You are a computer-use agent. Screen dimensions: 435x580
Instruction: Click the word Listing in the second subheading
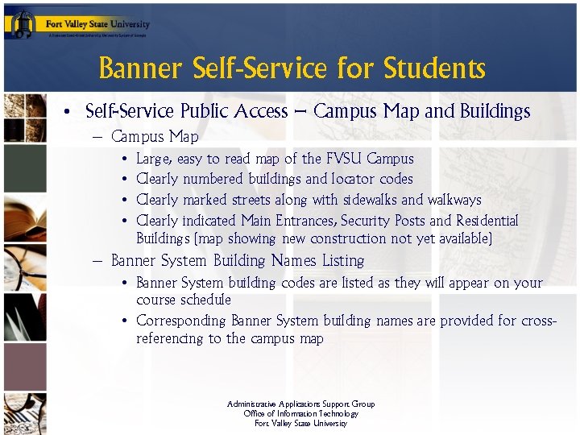tap(342, 261)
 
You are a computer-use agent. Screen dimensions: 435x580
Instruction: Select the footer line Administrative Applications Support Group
tap(301, 404)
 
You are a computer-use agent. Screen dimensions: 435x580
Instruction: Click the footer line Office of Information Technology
tap(301, 414)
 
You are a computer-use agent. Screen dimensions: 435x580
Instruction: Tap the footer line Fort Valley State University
tap(301, 424)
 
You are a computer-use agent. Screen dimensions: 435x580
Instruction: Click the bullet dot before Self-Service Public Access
tap(71, 112)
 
